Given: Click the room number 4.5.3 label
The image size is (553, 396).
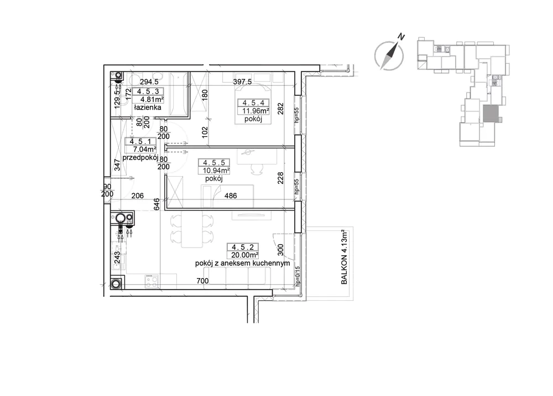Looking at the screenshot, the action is point(148,92).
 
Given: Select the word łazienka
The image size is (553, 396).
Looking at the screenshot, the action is point(148,107).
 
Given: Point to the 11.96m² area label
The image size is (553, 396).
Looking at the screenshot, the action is point(255,111).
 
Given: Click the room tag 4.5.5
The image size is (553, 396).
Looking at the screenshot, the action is point(214,163).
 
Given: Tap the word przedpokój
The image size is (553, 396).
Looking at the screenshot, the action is point(140,157).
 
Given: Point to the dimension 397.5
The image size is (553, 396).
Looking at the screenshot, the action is point(242,82).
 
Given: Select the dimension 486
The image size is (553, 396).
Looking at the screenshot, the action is point(231,196).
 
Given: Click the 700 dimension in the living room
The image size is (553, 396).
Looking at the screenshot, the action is point(202,281).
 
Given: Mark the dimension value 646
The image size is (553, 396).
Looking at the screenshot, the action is point(156,204).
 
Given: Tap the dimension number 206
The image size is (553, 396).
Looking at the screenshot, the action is point(138,196).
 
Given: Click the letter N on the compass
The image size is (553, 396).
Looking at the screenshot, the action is point(401,36).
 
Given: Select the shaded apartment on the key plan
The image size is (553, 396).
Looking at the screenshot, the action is point(491,114).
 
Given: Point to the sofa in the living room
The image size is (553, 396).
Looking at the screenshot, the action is point(237,276).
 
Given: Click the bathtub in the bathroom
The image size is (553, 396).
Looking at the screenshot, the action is point(179,94).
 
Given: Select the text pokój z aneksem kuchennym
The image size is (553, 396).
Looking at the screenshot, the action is point(243,263).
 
